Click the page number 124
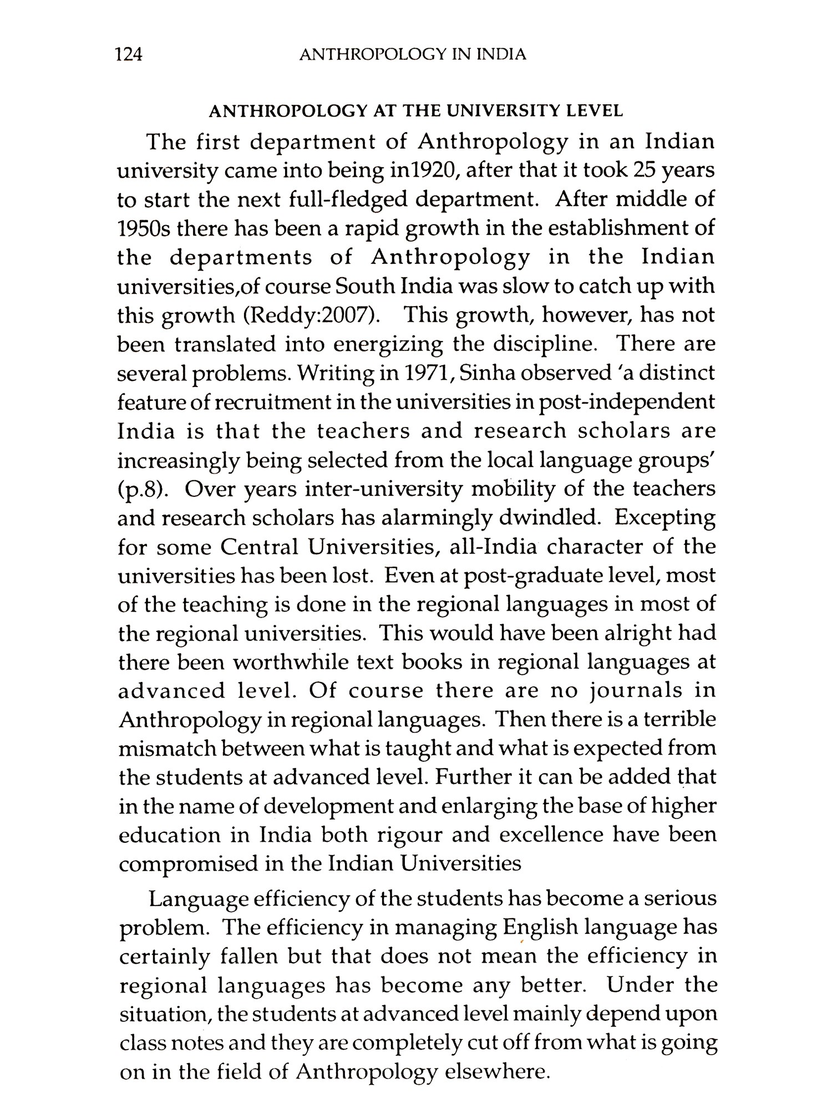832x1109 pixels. click(128, 54)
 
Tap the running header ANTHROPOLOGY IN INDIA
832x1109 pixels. click(412, 54)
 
